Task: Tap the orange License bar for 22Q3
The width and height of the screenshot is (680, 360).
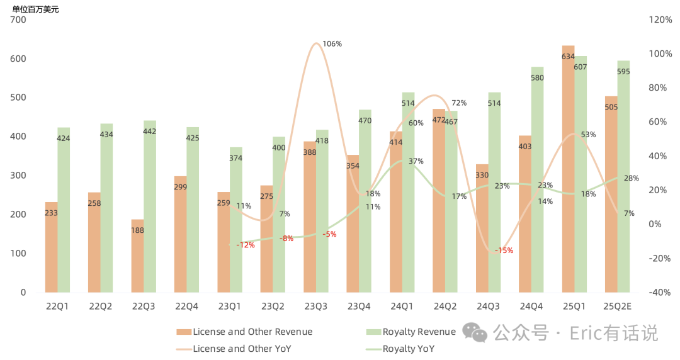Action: [x=137, y=264]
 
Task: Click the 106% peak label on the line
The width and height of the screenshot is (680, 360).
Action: [x=332, y=44]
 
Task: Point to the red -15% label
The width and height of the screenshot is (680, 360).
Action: [x=504, y=250]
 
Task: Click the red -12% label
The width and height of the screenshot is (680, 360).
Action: [x=245, y=245]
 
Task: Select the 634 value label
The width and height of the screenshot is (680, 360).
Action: [x=568, y=57]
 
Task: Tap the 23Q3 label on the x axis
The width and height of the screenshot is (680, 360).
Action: [x=315, y=306]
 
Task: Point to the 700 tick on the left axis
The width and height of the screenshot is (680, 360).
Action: [x=18, y=20]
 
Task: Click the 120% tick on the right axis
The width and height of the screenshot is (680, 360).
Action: [x=660, y=20]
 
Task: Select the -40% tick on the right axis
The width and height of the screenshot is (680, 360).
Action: [x=660, y=292]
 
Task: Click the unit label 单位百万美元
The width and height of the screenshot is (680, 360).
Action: [x=35, y=9]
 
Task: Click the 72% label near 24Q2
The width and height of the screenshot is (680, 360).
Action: [x=458, y=103]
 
